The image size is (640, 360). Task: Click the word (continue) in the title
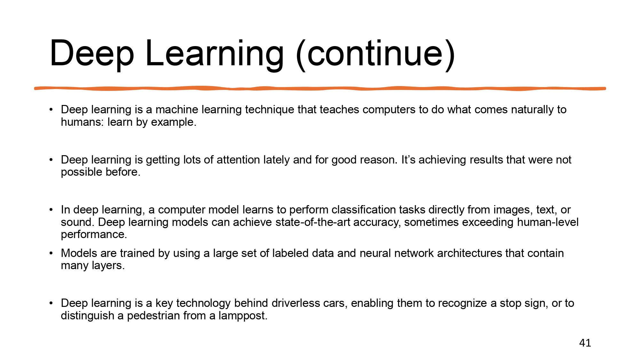coord(375,53)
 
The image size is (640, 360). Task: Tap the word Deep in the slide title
coord(92,53)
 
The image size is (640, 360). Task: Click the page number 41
coord(585,343)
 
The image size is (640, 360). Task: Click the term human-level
coord(548,222)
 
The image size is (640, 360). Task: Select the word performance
coord(94,235)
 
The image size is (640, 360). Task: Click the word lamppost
coord(243,316)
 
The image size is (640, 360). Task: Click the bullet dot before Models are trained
coord(51,253)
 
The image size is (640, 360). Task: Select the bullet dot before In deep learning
coord(51,210)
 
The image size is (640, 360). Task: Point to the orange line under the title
coord(320,88)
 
